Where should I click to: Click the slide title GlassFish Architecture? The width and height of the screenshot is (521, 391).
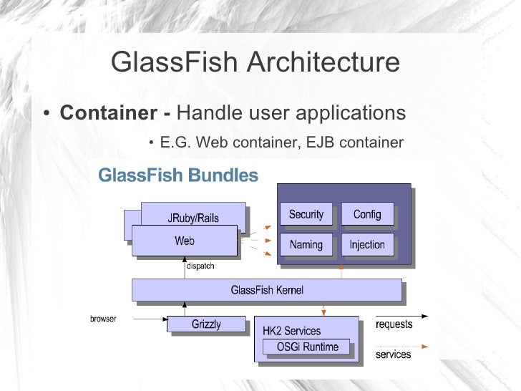pos(255,63)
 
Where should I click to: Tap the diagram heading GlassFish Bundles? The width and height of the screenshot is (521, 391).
pos(177,175)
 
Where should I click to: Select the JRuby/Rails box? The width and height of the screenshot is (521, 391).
pos(193,218)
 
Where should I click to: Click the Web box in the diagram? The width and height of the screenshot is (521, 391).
pos(184,241)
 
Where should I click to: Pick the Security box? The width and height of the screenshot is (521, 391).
pos(306,214)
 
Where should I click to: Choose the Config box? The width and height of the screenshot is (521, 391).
pos(367,214)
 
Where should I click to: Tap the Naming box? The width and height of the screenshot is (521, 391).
pos(306,244)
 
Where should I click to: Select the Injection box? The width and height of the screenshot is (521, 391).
pos(367,244)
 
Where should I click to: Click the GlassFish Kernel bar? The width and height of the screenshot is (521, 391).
pos(267,290)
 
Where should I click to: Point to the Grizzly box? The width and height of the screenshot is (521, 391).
pos(206,324)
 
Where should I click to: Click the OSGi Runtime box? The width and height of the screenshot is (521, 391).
pos(308,347)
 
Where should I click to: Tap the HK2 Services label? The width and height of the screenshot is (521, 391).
pos(292,331)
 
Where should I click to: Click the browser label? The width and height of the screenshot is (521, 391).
pos(103,318)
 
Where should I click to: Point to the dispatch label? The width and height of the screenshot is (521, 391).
pos(200,266)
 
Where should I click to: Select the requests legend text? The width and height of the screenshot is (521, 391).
pos(394,324)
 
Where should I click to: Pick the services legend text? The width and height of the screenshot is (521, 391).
pos(393,354)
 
